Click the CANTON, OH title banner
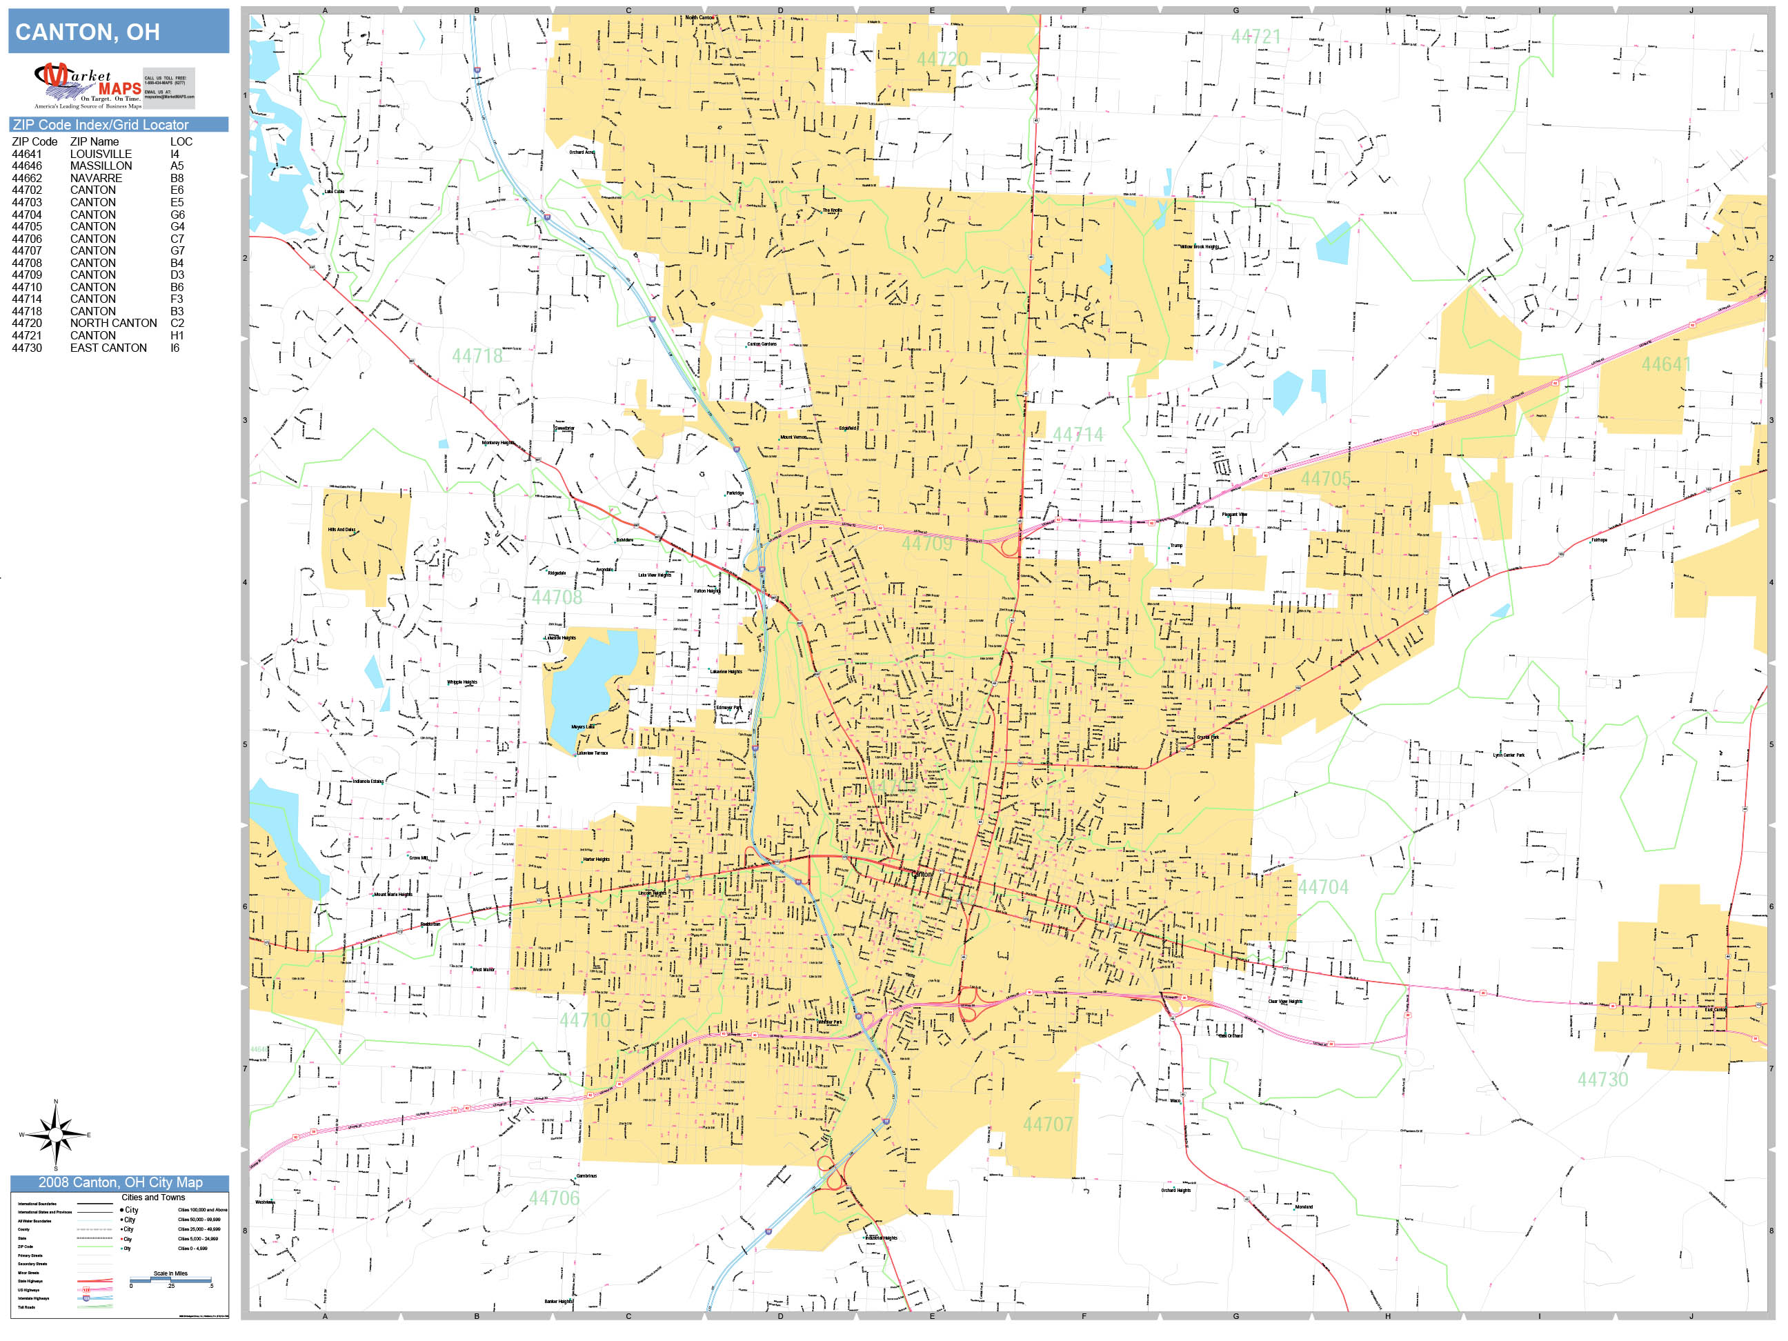pos(119,32)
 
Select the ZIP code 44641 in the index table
pos(27,154)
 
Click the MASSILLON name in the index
pos(100,166)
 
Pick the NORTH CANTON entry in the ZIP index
pos(113,323)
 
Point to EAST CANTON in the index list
pos(108,348)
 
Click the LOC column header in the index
pos(181,141)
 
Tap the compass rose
pos(55,1135)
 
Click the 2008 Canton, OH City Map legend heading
pos(119,1182)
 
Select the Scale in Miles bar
pos(170,1280)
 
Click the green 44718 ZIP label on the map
pos(477,357)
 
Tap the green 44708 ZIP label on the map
pos(556,597)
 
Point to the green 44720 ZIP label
pos(942,59)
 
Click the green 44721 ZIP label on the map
pos(1255,37)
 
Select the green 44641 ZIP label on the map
pos(1665,364)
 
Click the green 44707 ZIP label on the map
pos(1048,1124)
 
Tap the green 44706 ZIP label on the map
pos(554,1198)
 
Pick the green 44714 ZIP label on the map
pos(1077,435)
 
